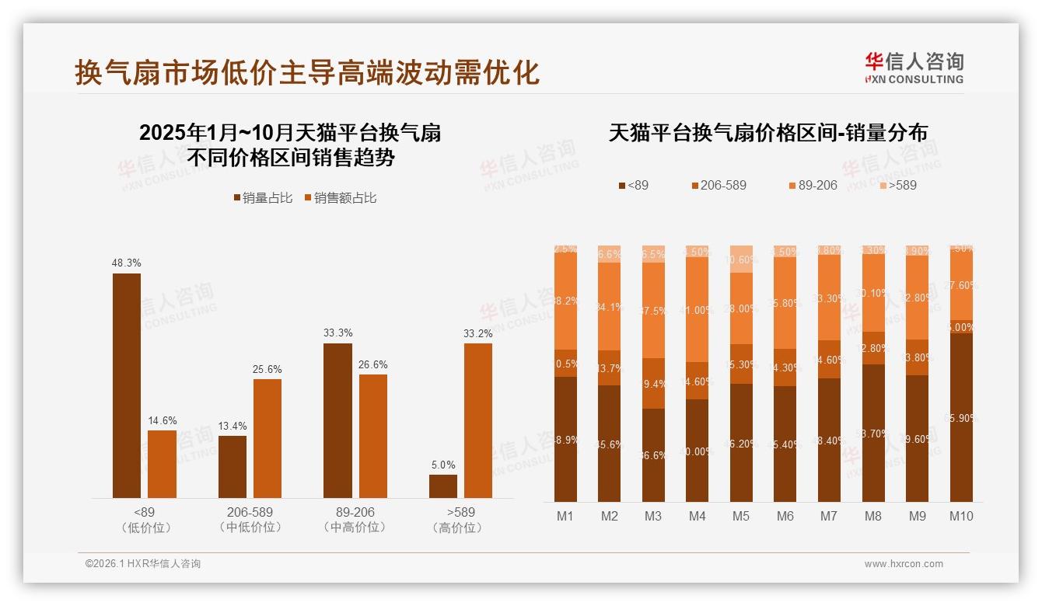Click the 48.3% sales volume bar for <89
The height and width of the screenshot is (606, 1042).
pos(127,385)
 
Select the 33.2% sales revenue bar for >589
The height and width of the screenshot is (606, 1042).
pos(478,420)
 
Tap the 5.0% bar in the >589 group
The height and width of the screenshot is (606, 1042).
pos(443,486)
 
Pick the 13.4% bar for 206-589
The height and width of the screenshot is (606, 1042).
pos(233,467)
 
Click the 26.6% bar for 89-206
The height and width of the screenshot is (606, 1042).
pos(373,436)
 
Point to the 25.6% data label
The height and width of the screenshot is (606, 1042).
pos(267,369)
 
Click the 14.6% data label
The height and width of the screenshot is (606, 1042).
pos(163,420)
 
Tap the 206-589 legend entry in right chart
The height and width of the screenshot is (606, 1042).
pos(719,186)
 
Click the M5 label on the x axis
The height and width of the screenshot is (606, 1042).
pos(741,516)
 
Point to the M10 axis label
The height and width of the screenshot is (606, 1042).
pos(961,516)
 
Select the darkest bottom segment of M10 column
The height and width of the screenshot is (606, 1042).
pos(961,417)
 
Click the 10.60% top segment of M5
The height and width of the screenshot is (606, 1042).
pos(741,259)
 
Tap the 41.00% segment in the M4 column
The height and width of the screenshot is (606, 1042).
pos(698,309)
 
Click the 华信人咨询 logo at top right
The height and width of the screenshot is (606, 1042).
pos(914,68)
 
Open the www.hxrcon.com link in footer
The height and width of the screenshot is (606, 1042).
pos(904,564)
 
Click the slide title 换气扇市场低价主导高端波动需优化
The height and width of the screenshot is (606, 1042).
pos(307,73)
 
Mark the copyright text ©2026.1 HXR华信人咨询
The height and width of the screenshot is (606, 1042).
pos(143,564)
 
